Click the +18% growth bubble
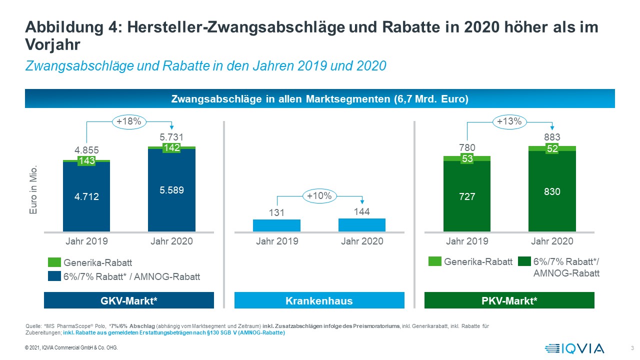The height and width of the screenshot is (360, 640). click(x=129, y=121)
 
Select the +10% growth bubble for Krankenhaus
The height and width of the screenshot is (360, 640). click(x=319, y=196)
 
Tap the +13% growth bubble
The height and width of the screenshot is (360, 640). click(x=509, y=121)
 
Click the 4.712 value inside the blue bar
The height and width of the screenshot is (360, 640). click(x=86, y=197)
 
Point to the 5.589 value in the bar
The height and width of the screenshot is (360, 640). click(x=171, y=190)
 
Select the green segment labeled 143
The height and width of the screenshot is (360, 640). click(x=86, y=161)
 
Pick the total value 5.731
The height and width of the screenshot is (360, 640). click(x=171, y=137)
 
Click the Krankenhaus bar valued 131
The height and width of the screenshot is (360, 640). click(x=276, y=225)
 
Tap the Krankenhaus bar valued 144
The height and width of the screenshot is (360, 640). click(x=361, y=225)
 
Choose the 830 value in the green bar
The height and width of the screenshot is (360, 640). click(x=552, y=191)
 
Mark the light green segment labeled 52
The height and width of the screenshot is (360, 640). click(x=552, y=148)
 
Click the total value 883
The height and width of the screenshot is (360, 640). click(x=552, y=137)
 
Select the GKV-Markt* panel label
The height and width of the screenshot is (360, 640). click(x=129, y=301)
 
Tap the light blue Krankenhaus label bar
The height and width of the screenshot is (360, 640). click(x=319, y=301)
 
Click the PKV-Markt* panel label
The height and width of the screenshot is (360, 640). click(x=509, y=301)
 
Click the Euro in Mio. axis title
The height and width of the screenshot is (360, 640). click(x=33, y=192)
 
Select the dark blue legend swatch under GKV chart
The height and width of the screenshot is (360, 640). click(x=54, y=276)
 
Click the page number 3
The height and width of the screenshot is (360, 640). click(x=632, y=348)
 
